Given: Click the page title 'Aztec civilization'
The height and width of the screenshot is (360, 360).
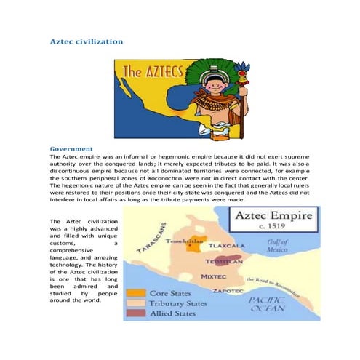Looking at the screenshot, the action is point(86,41).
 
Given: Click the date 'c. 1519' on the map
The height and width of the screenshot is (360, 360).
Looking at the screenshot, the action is point(271,231).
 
